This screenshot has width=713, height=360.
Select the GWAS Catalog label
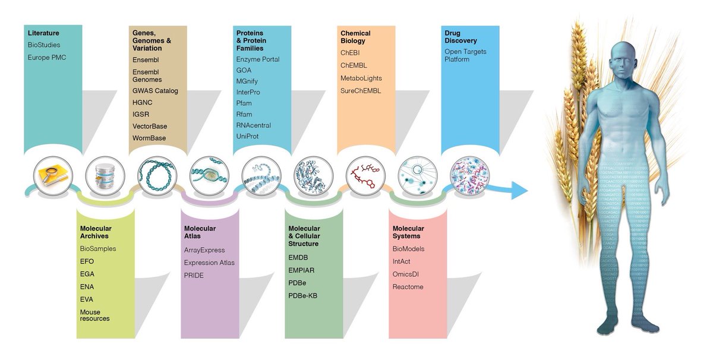click(x=155, y=91)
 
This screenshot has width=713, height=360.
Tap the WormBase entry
click(x=149, y=138)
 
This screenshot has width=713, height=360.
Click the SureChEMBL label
click(x=361, y=91)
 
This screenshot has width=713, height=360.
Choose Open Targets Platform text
click(x=465, y=55)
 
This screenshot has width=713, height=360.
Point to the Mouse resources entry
click(x=95, y=315)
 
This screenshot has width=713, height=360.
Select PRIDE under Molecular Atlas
click(x=194, y=276)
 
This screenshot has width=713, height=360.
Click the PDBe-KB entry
click(x=303, y=295)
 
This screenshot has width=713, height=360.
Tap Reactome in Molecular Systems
click(x=408, y=287)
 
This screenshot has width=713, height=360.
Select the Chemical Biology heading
click(x=355, y=37)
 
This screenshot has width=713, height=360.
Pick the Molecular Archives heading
click(x=96, y=232)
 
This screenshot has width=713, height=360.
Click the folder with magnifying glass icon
click(x=53, y=176)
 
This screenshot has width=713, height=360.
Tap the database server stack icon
click(x=105, y=176)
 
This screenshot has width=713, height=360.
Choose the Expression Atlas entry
click(x=209, y=263)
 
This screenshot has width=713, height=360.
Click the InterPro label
click(x=248, y=92)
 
